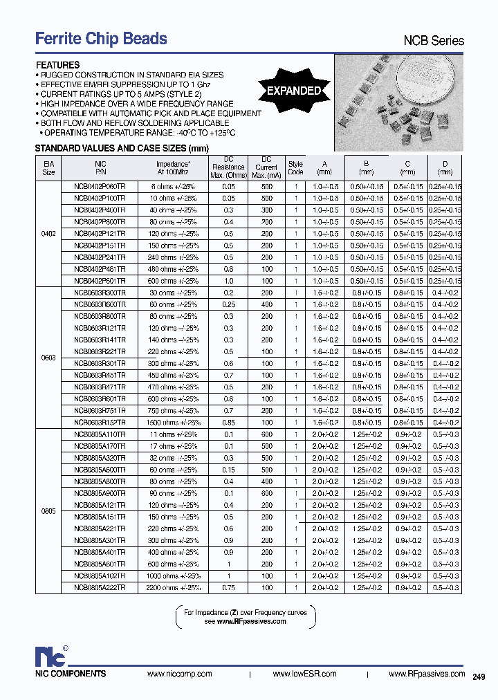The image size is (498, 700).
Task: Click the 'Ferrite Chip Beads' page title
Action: tap(101, 39)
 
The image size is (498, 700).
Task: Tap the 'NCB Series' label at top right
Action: tap(434, 41)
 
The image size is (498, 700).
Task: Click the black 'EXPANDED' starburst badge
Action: tap(294, 91)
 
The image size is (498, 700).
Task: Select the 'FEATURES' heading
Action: tap(57, 65)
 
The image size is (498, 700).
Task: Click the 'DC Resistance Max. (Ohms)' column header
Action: tap(228, 167)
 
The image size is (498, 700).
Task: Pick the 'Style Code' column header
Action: tap(295, 168)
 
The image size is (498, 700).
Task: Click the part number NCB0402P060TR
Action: tap(100, 187)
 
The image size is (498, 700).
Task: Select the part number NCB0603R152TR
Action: tap(100, 422)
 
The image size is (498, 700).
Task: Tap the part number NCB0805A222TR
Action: tap(100, 587)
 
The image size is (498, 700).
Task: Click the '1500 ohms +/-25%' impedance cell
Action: tap(173, 422)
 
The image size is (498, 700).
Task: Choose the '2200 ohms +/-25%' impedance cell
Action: tap(173, 587)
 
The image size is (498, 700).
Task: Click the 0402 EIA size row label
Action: tap(48, 234)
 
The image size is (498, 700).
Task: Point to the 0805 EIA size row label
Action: tap(48, 510)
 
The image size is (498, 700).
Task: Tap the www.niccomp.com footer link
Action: tap(180, 674)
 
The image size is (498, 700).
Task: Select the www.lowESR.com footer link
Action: tap(304, 674)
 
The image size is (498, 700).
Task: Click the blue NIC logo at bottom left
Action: tap(50, 656)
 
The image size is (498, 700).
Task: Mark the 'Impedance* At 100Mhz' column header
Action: tap(173, 167)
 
